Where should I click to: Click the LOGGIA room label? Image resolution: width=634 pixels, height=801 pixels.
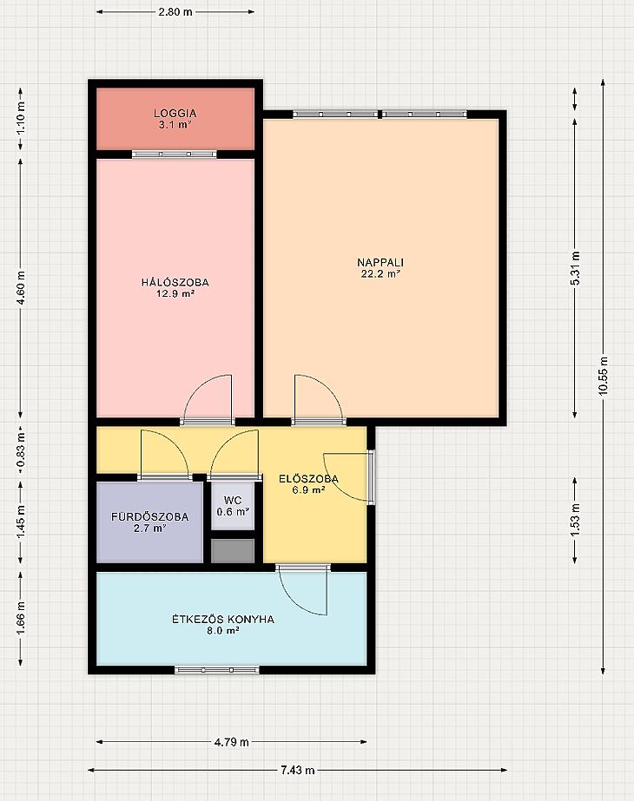tap(175, 119)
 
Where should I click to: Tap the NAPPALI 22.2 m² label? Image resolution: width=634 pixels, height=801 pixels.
tap(380, 267)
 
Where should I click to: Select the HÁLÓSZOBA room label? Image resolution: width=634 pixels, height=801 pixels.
tap(175, 287)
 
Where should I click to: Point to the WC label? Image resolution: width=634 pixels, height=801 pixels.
tap(233, 506)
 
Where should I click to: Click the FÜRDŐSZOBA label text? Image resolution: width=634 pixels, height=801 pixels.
tap(149, 522)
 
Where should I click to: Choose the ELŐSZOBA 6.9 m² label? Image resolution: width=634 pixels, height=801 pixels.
tap(308, 484)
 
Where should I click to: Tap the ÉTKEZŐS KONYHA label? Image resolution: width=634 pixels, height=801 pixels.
tap(223, 625)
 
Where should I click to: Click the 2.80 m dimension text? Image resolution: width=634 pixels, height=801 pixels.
tap(175, 12)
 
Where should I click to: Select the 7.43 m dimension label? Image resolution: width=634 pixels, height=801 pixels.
tap(298, 770)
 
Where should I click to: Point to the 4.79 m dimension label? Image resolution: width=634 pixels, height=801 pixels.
tap(232, 742)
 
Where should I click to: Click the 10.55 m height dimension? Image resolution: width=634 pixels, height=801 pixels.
tap(604, 376)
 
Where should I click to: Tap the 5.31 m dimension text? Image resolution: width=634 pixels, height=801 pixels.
tap(575, 269)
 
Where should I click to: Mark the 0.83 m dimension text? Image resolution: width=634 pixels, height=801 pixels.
tap(21, 450)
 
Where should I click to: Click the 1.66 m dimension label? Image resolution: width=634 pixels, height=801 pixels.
tap(21, 618)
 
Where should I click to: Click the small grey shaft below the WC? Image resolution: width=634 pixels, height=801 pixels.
tap(233, 551)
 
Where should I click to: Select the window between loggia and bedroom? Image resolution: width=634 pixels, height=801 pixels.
tap(175, 154)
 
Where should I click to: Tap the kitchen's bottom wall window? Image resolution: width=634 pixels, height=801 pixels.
tap(217, 670)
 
